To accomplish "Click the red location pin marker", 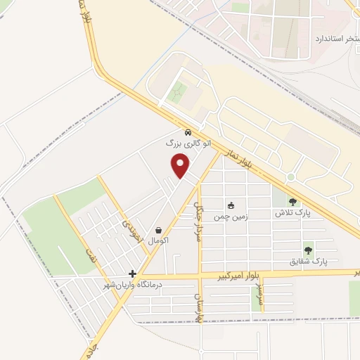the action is (181, 166).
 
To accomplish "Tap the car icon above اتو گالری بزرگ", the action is (187, 133).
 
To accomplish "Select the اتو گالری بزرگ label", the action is (187, 143).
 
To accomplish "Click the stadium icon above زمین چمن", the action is (230, 205).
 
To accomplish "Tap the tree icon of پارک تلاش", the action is (292, 201).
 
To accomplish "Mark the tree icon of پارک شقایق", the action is (308, 250).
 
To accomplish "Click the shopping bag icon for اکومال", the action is (159, 230).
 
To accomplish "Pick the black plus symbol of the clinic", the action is (132, 274).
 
